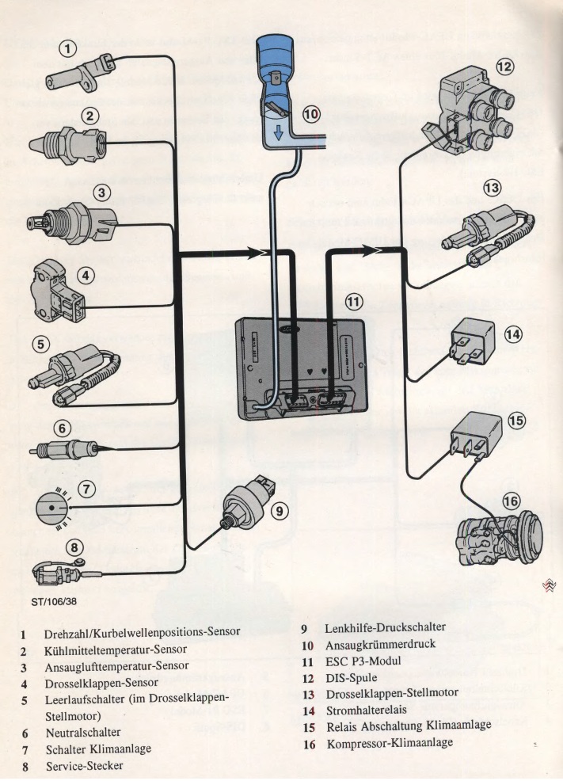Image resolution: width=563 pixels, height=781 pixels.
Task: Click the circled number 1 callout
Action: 70,49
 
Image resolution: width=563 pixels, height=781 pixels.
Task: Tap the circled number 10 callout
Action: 310,114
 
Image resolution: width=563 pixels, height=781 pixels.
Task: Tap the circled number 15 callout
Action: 516,421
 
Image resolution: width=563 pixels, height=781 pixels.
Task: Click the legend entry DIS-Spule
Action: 352,678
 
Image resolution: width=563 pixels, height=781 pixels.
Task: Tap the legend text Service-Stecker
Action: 86,767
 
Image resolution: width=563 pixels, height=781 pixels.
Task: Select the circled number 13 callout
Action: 493,188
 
